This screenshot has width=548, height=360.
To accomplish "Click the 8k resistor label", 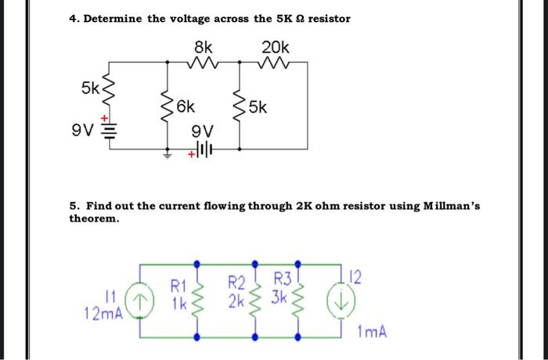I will [204, 46].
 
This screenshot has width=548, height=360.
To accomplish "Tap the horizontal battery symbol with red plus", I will [202, 149].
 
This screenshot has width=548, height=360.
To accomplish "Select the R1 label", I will [178, 286].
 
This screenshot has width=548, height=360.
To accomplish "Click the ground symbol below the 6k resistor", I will [167, 154].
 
